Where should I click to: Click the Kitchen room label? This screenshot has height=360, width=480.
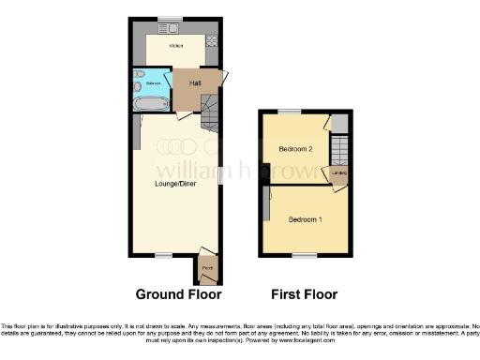tap(174, 46)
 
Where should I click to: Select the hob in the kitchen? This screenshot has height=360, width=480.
tap(211, 40)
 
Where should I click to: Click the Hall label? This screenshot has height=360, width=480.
tap(195, 83)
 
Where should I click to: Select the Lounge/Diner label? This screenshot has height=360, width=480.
tap(174, 185)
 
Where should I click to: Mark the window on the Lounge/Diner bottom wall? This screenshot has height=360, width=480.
tap(163, 255)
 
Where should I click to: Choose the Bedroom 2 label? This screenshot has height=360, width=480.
tap(296, 149)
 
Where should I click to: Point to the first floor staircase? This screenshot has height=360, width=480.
tap(340, 151)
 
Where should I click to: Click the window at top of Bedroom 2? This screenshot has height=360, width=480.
tap(293, 112)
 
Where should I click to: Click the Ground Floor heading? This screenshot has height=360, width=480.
tap(178, 293)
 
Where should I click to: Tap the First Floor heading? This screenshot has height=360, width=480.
tap(304, 293)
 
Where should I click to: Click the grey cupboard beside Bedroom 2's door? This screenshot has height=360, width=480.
tap(340, 123)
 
